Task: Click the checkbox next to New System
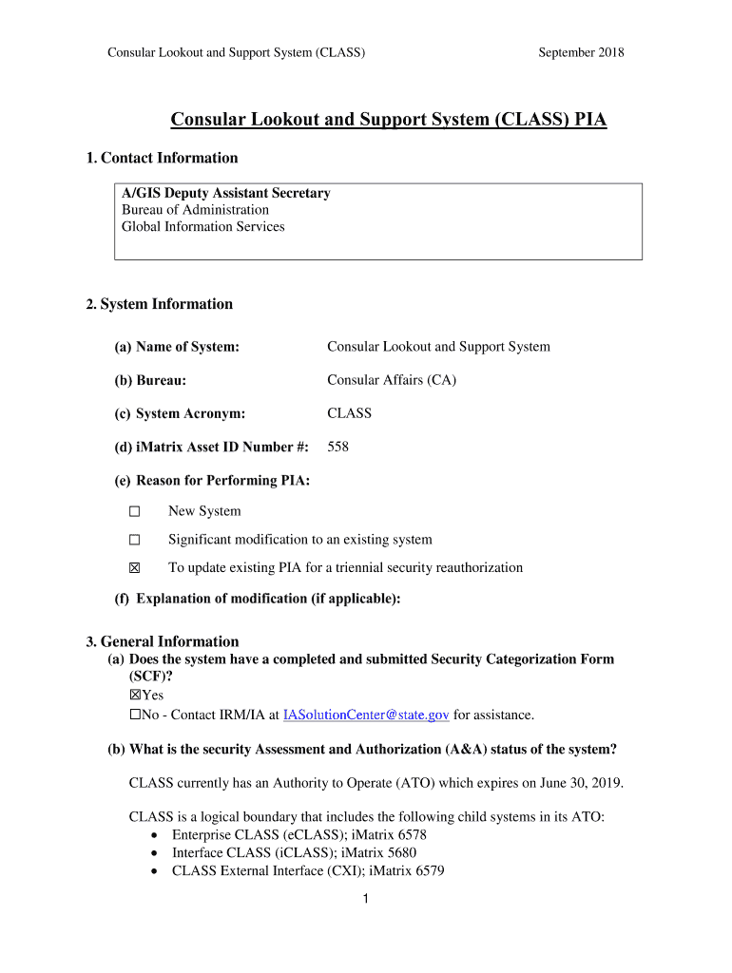click(134, 511)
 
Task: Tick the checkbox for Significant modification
click(134, 540)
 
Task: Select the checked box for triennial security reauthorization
click(134, 568)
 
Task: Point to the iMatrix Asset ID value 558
click(338, 447)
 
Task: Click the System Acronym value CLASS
click(349, 413)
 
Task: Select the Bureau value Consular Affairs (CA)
click(392, 380)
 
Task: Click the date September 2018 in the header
click(581, 52)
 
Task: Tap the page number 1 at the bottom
click(366, 901)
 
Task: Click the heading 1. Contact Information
click(162, 158)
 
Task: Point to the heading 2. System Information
click(159, 304)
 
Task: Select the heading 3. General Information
click(163, 641)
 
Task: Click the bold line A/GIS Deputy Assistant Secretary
click(226, 193)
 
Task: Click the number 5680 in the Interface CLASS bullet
click(398, 852)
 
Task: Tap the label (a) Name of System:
click(177, 347)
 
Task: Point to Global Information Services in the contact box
click(203, 226)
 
